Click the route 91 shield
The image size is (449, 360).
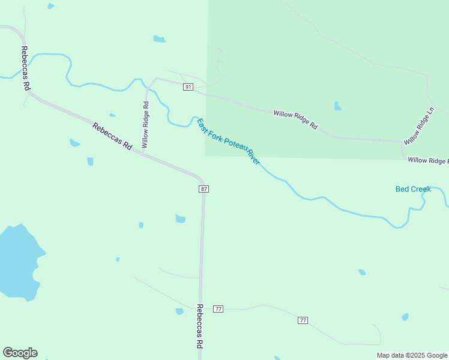[x=188, y=88]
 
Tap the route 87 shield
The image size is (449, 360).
[x=204, y=189]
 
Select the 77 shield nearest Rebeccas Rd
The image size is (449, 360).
[x=218, y=309]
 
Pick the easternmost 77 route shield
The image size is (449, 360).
[x=303, y=320]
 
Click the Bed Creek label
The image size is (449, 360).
[x=413, y=189]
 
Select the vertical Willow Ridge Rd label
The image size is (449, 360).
[x=145, y=125]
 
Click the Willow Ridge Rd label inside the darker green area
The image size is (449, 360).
[x=295, y=120]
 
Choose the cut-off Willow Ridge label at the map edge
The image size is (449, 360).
[x=427, y=161]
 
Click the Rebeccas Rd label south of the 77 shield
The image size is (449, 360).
[x=199, y=326]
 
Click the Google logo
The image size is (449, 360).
[x=20, y=353]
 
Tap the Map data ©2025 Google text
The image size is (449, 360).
[x=412, y=355]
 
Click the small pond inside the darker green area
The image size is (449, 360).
[x=337, y=106]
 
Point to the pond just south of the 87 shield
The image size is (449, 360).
[x=180, y=218]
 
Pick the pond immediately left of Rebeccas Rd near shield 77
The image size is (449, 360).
[x=179, y=311]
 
